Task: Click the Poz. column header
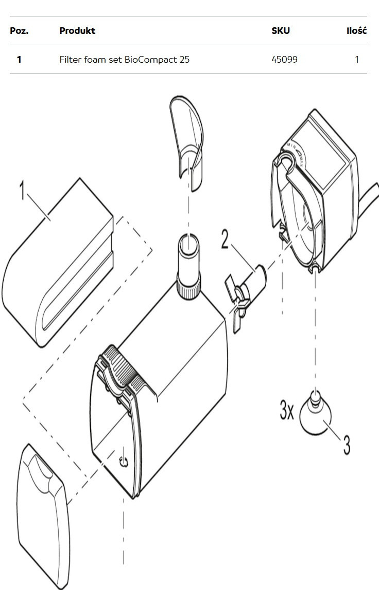click(x=19, y=31)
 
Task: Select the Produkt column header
click(x=77, y=31)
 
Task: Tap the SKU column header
click(x=281, y=31)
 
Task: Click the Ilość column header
click(x=356, y=31)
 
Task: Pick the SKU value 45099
click(x=284, y=60)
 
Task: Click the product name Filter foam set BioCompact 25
click(x=125, y=60)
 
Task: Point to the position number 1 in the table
click(x=19, y=60)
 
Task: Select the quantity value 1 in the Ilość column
click(x=357, y=60)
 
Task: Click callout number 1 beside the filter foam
click(x=23, y=190)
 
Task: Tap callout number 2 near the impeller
click(x=225, y=239)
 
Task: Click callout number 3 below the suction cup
click(x=347, y=445)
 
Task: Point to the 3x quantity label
click(x=287, y=410)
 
